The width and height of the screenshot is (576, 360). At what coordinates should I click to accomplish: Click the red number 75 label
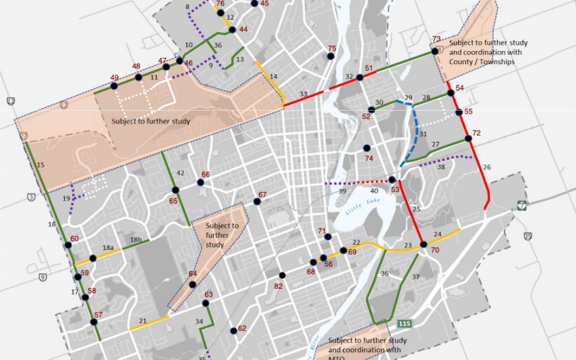pos(332,49)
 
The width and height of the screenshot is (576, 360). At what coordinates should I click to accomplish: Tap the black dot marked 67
pos(258,202)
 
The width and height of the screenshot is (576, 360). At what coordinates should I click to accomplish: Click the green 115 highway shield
pos(404,324)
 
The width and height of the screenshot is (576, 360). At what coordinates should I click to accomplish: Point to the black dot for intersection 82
pos(282,275)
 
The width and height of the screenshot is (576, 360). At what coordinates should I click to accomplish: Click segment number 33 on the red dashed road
pos(303,94)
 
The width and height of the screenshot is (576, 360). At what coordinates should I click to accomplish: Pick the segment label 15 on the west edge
pos(40,164)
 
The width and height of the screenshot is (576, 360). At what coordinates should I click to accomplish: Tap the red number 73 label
pos(436,39)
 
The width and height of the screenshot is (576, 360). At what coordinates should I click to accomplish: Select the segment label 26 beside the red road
pos(486,167)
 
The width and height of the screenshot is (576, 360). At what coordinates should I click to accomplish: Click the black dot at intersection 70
pos(424,244)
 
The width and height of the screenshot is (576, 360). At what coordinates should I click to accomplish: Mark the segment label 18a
pos(108,248)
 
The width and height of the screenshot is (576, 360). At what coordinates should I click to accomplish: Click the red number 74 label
pos(368,159)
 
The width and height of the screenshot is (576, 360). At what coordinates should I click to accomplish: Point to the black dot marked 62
pos(232,328)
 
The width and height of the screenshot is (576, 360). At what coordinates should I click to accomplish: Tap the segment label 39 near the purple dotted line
pos(342,191)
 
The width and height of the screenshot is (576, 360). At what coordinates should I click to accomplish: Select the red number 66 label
pos(205,174)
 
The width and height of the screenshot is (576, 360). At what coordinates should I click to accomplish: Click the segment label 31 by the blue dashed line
pos(424,134)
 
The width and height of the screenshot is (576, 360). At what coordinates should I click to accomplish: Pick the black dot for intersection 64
pos(193,284)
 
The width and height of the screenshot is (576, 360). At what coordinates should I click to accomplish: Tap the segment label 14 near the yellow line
pos(273,76)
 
